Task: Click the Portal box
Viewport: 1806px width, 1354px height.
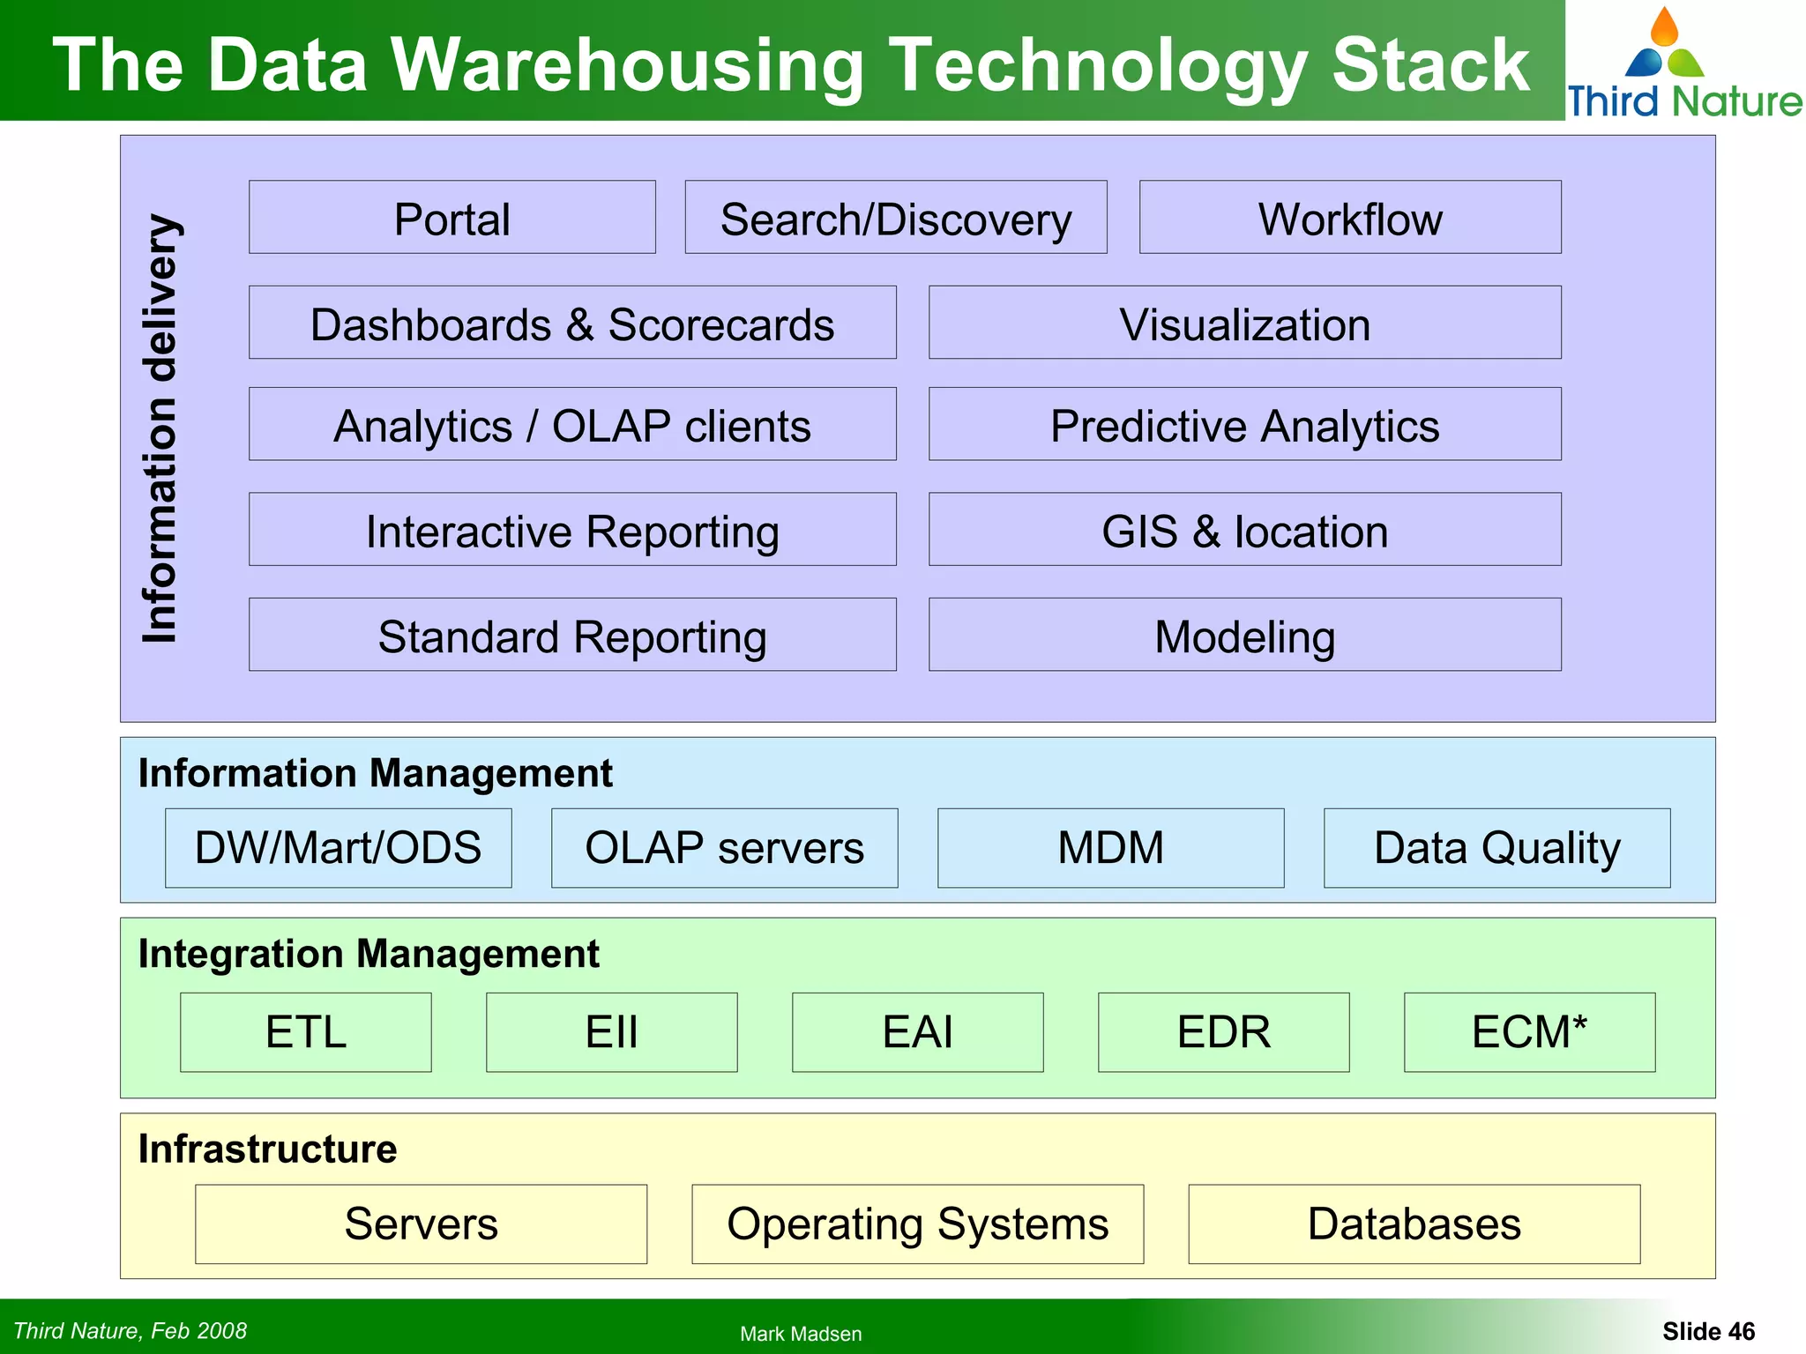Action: pos(451,218)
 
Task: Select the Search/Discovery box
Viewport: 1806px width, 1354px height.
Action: pos(895,218)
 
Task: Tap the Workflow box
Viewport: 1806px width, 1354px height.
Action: pos(1349,218)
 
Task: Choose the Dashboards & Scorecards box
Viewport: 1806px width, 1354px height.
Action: pos(572,323)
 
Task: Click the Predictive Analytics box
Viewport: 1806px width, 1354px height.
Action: pos(1244,425)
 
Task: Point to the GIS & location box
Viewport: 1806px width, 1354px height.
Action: pos(1244,530)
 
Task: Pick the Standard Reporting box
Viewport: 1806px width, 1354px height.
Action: pos(572,636)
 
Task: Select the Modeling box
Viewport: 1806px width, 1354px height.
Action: pos(1244,636)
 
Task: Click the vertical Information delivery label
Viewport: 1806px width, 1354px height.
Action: pos(161,428)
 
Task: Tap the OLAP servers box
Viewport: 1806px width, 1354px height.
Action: pos(724,848)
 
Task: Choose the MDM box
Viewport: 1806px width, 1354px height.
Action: pos(1110,848)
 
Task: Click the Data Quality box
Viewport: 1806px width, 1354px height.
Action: pos(1496,848)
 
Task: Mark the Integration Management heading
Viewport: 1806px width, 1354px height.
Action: pos(369,954)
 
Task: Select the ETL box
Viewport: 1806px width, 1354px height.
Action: pos(305,1032)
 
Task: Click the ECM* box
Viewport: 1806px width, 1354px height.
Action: pos(1529,1032)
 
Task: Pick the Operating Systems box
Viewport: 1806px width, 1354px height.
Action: pos(917,1224)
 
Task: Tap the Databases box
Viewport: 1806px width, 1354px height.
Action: pos(1414,1224)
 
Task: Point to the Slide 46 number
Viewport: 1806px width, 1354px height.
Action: pos(1708,1331)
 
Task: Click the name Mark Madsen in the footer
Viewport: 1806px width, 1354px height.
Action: pos(801,1334)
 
